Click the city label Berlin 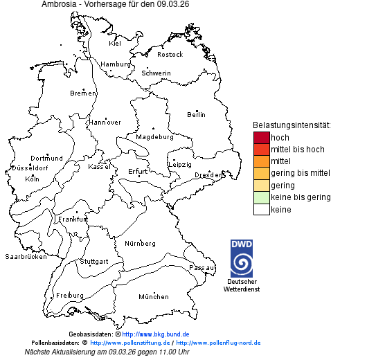(x=196, y=114)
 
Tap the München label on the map (x=154, y=297)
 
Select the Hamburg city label (x=116, y=64)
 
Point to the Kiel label (x=115, y=44)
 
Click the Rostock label (x=170, y=54)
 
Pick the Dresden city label (x=208, y=175)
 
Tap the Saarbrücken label (x=26, y=257)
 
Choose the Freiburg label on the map (x=69, y=295)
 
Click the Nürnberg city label (x=140, y=244)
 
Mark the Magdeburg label (x=154, y=137)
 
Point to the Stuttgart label (x=94, y=262)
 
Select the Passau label (x=202, y=267)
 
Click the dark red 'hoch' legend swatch (x=261, y=137)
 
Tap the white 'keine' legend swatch (x=261, y=209)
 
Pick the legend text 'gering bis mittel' (x=300, y=173)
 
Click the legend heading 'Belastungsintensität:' (x=292, y=125)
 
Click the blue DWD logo (x=242, y=258)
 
